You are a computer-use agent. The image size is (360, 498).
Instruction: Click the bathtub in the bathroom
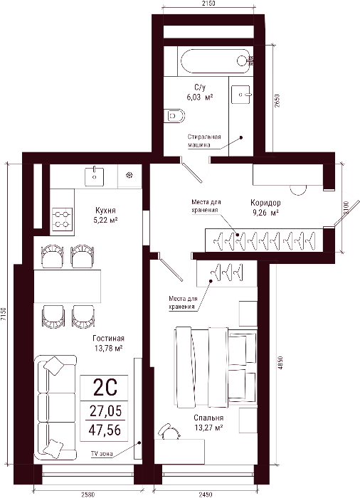click(x=216, y=61)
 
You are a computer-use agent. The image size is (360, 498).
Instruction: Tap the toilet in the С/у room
click(x=174, y=116)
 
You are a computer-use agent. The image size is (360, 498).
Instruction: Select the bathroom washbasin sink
click(x=241, y=95)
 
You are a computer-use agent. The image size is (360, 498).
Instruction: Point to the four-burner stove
click(x=62, y=219)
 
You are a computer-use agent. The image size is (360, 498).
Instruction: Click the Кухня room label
click(x=105, y=211)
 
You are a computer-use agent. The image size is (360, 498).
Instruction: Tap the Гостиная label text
click(x=108, y=338)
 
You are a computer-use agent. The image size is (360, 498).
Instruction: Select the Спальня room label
click(x=208, y=418)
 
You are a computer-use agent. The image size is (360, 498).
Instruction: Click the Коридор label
click(x=265, y=203)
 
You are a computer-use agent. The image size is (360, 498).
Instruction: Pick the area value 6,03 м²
click(x=199, y=97)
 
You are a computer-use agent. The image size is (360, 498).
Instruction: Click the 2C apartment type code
click(x=105, y=388)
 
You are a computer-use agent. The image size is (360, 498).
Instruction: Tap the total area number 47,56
click(x=105, y=430)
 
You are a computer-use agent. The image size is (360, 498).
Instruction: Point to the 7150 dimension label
click(x=3, y=314)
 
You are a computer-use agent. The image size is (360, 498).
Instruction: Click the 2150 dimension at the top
click(x=208, y=4)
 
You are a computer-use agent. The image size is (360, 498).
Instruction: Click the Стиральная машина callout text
click(x=204, y=141)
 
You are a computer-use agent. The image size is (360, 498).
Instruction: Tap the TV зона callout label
click(x=102, y=454)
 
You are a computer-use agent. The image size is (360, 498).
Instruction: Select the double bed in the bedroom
click(x=216, y=368)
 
